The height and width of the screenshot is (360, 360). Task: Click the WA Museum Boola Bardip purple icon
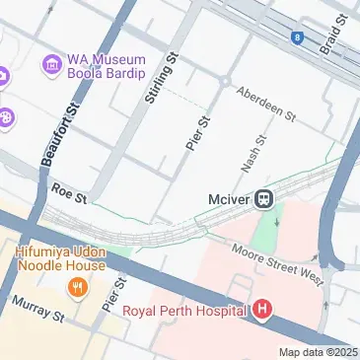point(50,65)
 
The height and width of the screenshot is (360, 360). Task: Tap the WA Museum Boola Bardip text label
point(106,66)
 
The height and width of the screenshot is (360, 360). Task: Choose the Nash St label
point(252,150)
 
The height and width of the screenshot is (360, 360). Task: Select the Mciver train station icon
point(265,199)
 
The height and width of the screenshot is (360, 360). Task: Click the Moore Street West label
point(277,263)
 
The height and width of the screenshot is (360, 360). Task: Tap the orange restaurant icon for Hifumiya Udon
point(75,288)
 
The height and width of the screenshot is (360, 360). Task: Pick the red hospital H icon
point(261,311)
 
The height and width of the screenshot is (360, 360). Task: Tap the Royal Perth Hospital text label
point(184,312)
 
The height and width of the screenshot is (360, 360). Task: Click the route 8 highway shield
point(296,37)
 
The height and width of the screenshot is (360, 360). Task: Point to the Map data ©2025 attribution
point(318,352)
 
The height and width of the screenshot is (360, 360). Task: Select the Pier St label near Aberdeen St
point(198,133)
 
